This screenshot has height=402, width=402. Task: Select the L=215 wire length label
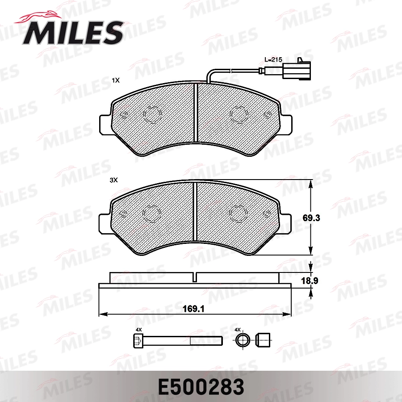tap(273, 59)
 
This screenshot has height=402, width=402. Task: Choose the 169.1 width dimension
tap(195, 308)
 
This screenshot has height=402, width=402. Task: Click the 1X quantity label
tap(116, 81)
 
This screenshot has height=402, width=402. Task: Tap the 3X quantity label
tap(113, 180)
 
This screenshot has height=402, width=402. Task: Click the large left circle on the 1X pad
tap(151, 115)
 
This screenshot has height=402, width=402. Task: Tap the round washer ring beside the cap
tap(243, 341)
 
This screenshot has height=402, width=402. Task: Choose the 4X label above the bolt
tap(138, 330)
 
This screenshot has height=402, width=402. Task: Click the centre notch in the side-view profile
tap(195, 277)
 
